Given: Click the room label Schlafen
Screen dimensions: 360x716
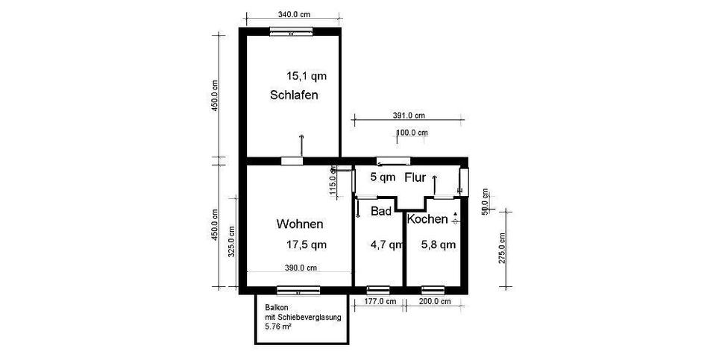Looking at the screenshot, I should click(295, 95).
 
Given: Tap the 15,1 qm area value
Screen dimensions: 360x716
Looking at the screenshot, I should click(307, 75).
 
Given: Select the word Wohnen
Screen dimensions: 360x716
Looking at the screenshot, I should click(300, 224).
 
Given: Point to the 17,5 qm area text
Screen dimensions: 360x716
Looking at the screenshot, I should click(307, 244).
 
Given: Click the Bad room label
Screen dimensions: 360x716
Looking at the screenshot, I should click(381, 212).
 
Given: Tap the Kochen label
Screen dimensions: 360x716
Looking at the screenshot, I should click(427, 219).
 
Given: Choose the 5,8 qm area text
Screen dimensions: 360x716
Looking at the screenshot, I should click(438, 244).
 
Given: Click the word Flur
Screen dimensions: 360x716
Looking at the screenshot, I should click(415, 177).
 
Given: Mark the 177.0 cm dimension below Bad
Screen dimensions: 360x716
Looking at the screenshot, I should click(379, 302).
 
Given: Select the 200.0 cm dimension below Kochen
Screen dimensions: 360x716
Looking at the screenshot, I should click(435, 302).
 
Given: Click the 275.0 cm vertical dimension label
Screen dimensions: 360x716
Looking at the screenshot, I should click(502, 248).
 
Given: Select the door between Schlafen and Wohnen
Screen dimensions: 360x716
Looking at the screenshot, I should click(292, 160).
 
